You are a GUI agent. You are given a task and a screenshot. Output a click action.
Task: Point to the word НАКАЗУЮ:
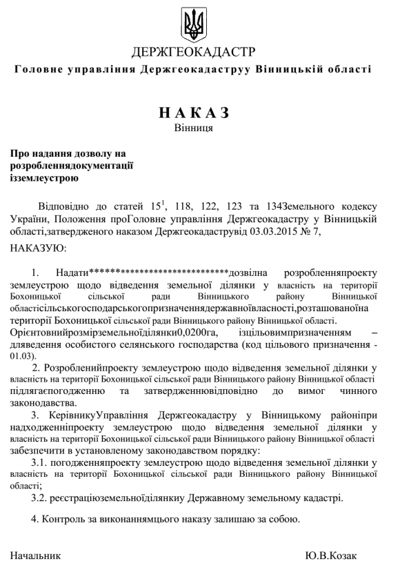(x=38, y=248)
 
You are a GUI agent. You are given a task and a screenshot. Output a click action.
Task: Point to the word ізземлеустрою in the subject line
(x=44, y=177)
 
